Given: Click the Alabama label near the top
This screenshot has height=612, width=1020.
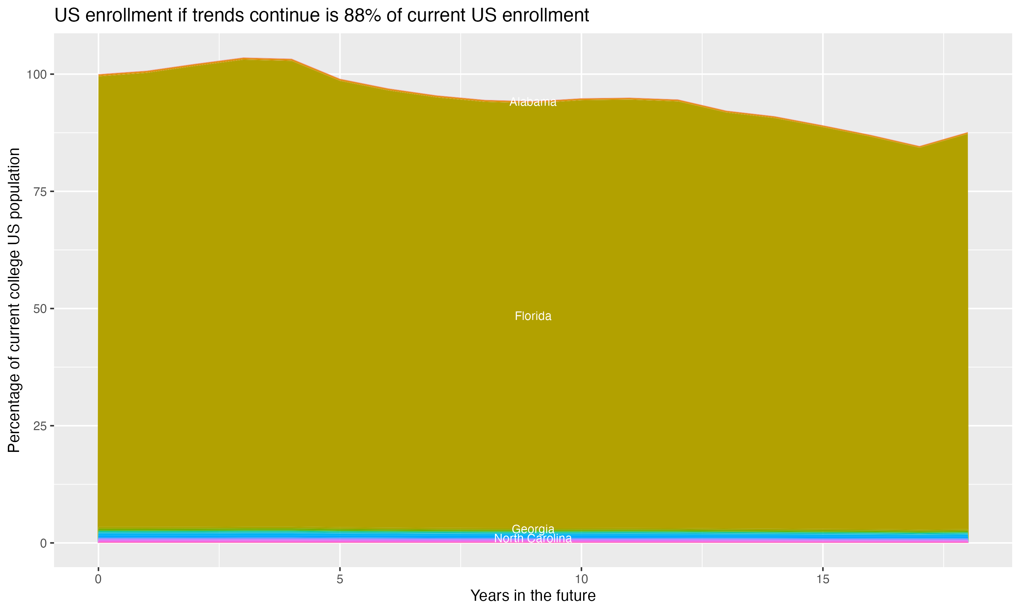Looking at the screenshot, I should [x=533, y=102].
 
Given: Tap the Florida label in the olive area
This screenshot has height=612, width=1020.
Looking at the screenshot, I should [x=533, y=316].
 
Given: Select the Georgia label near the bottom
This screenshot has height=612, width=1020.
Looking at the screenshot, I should [x=533, y=529].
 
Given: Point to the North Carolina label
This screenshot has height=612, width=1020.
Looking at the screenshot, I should [x=533, y=539].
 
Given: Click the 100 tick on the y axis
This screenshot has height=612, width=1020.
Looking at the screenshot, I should [x=37, y=75].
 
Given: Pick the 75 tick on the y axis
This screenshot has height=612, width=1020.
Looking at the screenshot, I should [x=40, y=192].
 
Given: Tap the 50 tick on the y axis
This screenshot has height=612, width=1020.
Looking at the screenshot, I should [x=40, y=309].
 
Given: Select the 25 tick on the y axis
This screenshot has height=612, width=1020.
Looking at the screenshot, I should [x=40, y=426].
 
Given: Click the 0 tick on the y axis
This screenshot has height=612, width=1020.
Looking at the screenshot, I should [x=43, y=543].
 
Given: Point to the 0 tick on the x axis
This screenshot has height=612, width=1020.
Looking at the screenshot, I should [x=98, y=579].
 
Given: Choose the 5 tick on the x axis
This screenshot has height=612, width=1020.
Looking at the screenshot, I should [x=340, y=579].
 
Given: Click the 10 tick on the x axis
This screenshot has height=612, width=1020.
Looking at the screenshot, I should [x=581, y=579].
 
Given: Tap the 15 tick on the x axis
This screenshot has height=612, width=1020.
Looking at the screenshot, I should [x=822, y=579].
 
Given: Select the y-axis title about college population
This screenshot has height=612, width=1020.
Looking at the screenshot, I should [x=14, y=300].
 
